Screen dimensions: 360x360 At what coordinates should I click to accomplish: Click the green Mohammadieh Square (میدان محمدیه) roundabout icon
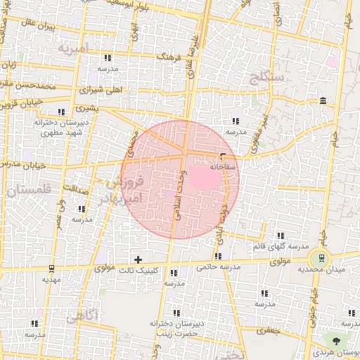point(323,258)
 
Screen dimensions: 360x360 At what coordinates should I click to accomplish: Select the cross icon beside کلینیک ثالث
point(138,259)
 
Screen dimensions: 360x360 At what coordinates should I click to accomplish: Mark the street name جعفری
point(268,329)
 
